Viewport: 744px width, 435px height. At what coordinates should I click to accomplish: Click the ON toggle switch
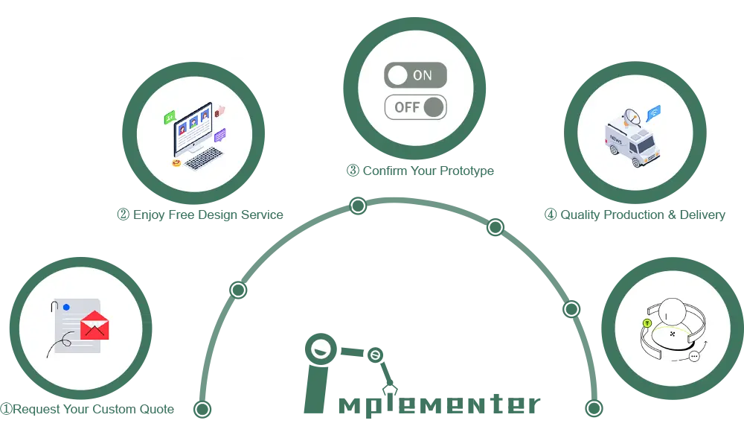(415, 75)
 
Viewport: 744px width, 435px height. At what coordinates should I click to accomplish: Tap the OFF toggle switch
(415, 107)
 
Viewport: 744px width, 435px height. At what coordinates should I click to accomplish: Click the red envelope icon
(94, 325)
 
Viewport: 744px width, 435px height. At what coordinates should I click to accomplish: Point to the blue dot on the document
(66, 307)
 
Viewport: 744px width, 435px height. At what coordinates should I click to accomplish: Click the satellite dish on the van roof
(632, 116)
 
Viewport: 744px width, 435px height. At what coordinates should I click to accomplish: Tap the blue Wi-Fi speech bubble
(653, 112)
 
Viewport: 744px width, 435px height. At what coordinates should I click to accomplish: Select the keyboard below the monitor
(204, 157)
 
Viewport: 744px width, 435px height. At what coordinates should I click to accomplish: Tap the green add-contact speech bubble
(170, 117)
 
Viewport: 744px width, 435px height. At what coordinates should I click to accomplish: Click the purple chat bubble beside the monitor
(219, 136)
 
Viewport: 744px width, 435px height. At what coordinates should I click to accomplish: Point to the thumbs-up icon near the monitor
(219, 112)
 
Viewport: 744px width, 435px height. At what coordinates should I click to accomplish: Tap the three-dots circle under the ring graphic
(694, 357)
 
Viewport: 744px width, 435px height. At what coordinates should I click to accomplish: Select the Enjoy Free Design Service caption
(199, 214)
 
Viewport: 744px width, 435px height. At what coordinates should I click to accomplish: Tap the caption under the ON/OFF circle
(419, 172)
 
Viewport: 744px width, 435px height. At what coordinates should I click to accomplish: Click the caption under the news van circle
(633, 215)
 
